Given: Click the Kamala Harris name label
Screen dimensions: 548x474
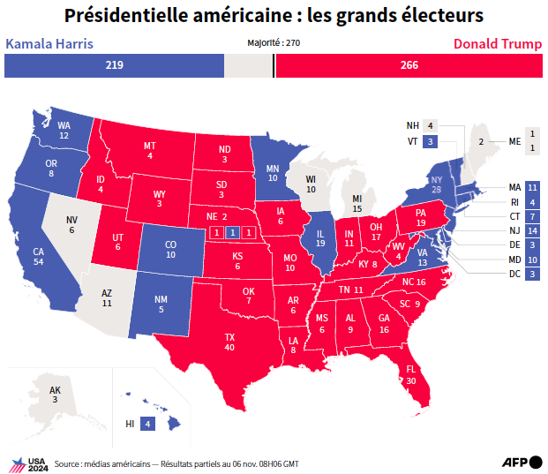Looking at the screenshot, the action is click(49, 44).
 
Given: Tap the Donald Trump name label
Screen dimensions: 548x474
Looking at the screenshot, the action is click(498, 44).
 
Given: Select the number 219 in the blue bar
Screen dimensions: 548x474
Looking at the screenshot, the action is click(115, 65).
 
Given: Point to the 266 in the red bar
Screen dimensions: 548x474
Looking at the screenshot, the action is click(409, 65).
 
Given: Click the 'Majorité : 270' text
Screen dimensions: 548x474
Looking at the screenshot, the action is click(274, 43).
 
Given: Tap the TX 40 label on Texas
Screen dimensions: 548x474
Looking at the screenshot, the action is click(229, 342).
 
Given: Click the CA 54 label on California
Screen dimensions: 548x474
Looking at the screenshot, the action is click(39, 257).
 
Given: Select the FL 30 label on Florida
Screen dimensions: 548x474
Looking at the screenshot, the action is click(411, 375).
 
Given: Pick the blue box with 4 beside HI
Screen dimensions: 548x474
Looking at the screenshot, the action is click(148, 424).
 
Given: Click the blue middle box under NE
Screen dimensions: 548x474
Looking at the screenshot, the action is click(233, 232).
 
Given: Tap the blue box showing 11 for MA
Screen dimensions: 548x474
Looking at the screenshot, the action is click(532, 188).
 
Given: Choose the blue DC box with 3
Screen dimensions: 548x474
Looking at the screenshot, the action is click(532, 274).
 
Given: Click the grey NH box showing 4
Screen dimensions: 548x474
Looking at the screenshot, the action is click(431, 125).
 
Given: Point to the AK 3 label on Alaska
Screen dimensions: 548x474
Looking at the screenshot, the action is click(55, 395).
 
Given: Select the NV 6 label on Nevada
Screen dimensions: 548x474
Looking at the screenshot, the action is click(71, 225).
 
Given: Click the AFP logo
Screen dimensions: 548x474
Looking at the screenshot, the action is click(522, 463).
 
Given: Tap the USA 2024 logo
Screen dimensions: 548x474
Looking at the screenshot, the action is click(30, 465).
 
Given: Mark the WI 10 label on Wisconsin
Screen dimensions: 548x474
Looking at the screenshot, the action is click(311, 184).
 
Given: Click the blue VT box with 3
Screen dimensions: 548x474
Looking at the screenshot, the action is click(431, 141).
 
